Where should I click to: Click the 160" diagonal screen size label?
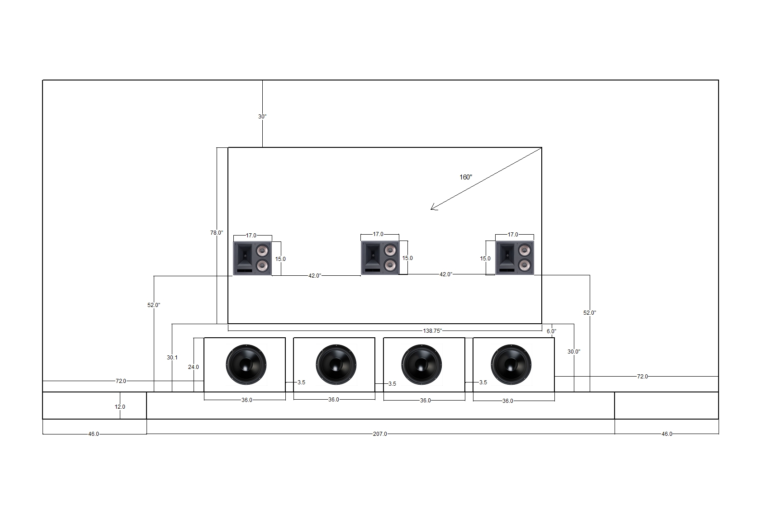(x=466, y=177)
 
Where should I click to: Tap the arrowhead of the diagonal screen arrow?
(x=432, y=208)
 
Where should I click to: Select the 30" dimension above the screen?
(x=262, y=117)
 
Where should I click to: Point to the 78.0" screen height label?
(x=217, y=233)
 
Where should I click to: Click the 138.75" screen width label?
(x=432, y=331)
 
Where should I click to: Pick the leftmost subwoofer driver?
(x=246, y=364)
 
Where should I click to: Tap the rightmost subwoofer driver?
(x=511, y=364)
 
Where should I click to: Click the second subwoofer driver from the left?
(x=336, y=364)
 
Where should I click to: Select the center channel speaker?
(x=380, y=258)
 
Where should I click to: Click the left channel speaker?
(x=252, y=258)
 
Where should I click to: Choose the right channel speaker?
(x=515, y=258)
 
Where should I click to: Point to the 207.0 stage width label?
(x=380, y=434)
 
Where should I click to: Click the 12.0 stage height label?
(x=120, y=407)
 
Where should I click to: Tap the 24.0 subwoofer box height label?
(x=194, y=367)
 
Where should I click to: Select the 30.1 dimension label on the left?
(x=172, y=358)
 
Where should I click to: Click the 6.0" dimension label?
(x=551, y=331)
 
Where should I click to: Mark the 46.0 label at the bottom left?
(x=94, y=434)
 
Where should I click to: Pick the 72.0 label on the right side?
(x=642, y=376)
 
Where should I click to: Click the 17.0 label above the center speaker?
(x=378, y=234)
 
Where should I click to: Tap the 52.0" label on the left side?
(x=154, y=305)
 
